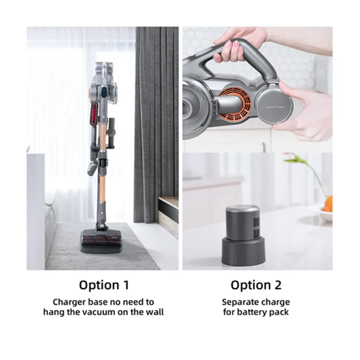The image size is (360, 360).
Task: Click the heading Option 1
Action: coord(104,285)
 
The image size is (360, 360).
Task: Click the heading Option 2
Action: coord(256,285)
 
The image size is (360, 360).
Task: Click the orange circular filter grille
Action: coord(235,105)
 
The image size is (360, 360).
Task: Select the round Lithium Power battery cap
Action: coord(274,105)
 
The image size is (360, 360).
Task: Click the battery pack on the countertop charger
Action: coord(243,222)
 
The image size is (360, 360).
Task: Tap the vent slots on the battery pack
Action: coord(256,228)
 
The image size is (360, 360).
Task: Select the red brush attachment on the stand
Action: coord(95,114)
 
